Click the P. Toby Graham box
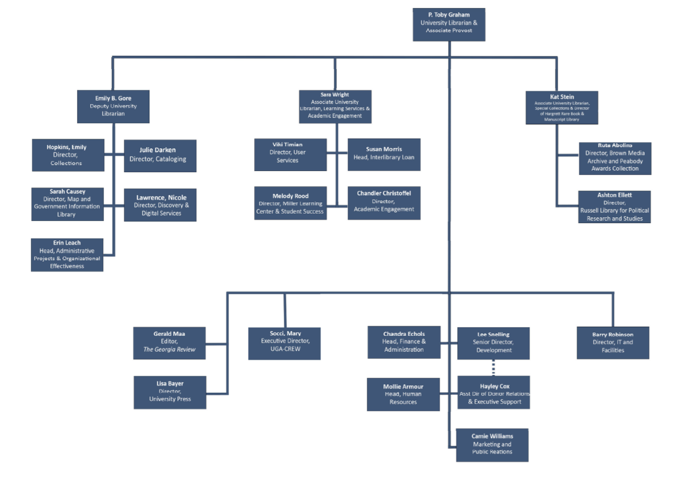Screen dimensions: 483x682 tap(449, 24)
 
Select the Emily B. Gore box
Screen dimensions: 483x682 tap(113, 106)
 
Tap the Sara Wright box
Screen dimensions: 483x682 tap(335, 106)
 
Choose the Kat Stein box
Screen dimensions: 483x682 tap(562, 108)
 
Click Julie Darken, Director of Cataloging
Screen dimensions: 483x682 tap(160, 155)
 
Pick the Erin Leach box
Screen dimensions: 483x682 tap(67, 255)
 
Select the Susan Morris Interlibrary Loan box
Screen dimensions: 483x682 tap(384, 154)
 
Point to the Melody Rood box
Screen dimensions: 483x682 tap(290, 203)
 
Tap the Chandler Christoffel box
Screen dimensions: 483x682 tap(384, 202)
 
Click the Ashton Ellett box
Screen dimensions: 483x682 tap(614, 207)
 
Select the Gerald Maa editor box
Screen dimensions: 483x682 tap(169, 343)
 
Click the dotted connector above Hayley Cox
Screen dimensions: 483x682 tap(493, 368)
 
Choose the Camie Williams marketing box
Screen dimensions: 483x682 tap(492, 445)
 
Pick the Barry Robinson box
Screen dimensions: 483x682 tap(613, 343)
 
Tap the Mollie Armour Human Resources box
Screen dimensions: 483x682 tap(403, 394)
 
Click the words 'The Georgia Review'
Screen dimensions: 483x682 tap(169, 350)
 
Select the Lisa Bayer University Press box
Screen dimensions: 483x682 tap(170, 392)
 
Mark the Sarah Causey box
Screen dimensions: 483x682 tap(68, 204)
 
